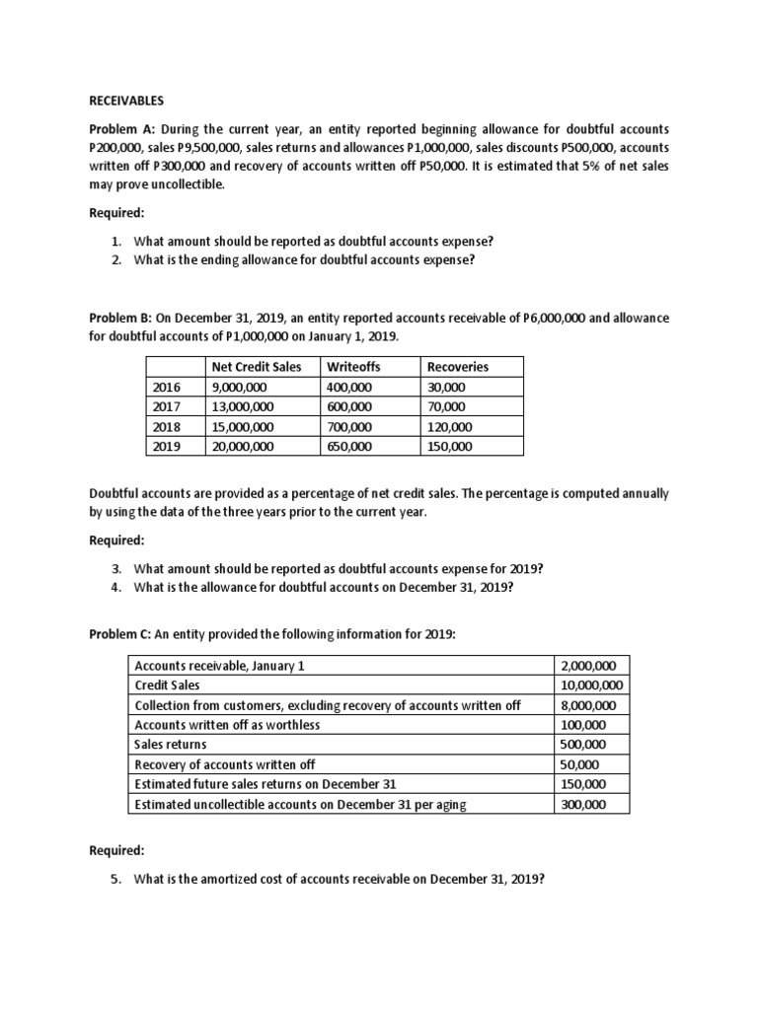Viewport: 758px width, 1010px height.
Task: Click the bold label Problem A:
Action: tap(122, 130)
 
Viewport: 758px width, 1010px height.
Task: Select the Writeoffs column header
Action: tap(352, 367)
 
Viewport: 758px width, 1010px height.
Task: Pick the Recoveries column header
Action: tap(457, 367)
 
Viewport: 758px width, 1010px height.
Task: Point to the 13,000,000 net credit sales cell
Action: tap(243, 406)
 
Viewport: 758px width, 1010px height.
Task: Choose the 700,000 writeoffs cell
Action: tap(348, 426)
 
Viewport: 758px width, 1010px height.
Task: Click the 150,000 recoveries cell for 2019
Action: tap(449, 446)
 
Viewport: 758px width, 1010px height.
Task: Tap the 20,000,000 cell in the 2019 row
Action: tap(243, 446)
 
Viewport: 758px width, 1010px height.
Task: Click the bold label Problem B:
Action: tap(122, 318)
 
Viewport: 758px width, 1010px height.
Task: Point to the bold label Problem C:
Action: tap(122, 634)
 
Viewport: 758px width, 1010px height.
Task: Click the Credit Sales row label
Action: tap(167, 685)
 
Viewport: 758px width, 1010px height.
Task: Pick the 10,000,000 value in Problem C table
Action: tap(591, 685)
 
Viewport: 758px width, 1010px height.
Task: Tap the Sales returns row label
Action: tap(171, 744)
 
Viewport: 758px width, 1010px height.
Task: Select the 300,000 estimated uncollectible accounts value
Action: tap(583, 804)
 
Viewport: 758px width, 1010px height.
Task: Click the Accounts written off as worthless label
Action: tap(227, 724)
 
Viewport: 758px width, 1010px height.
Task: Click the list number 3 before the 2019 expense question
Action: tap(114, 569)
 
